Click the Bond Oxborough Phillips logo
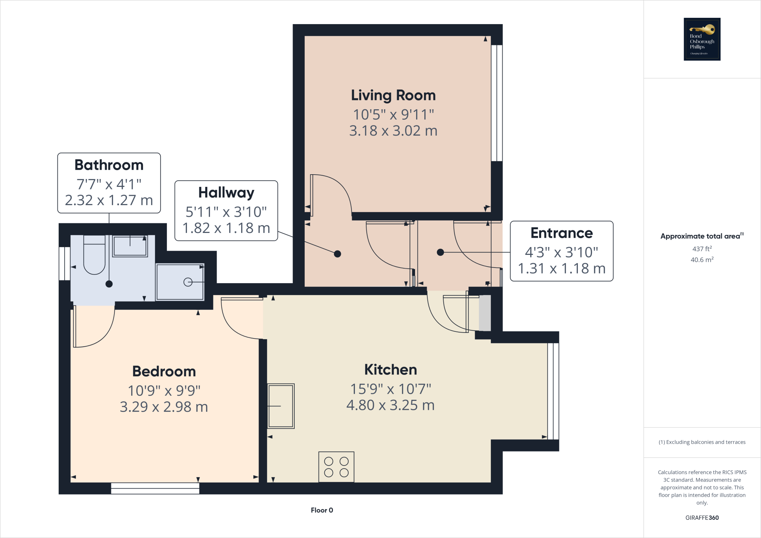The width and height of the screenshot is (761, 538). click(702, 39)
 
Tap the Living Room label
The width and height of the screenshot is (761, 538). click(393, 95)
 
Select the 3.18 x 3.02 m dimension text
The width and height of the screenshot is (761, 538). click(393, 131)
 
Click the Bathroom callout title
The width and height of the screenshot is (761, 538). click(109, 165)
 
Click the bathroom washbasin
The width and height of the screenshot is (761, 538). click(130, 246)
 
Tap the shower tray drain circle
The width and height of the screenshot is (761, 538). click(188, 282)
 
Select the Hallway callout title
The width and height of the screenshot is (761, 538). click(226, 193)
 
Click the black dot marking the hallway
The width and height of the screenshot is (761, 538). click(337, 254)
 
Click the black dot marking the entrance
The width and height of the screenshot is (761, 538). click(440, 252)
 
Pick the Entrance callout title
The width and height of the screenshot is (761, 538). click(561, 233)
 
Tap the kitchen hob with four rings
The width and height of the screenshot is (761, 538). click(336, 467)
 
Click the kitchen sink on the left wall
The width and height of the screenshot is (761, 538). click(281, 406)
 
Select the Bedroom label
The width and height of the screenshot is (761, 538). click(164, 372)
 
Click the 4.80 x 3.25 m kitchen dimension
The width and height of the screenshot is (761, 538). click(391, 405)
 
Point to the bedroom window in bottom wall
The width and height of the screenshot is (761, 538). click(155, 488)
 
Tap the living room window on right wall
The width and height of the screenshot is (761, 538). click(497, 103)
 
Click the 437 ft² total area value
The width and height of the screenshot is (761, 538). click(702, 249)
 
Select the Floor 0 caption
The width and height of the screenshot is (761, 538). click(322, 510)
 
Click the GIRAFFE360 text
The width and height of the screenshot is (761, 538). click(702, 518)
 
